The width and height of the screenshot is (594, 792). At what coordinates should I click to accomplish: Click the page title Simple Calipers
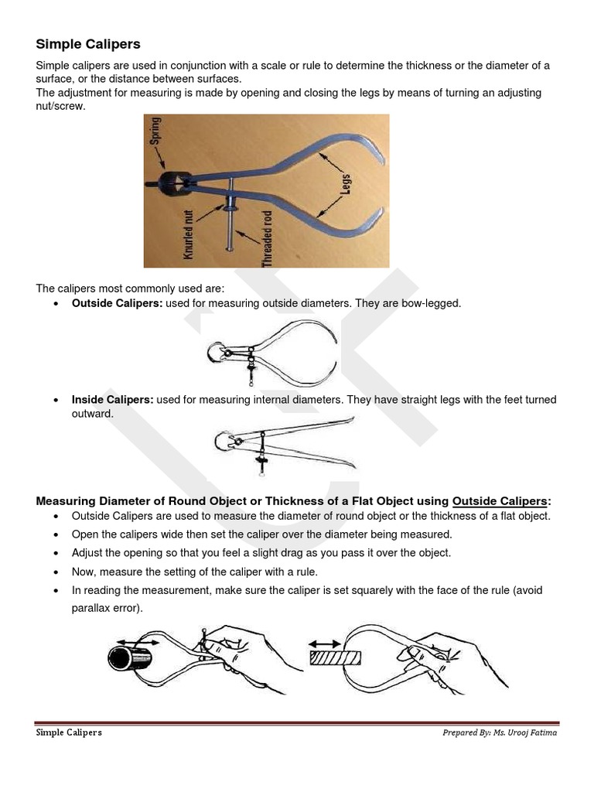(x=88, y=44)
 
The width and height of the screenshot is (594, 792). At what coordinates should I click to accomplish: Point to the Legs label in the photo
(x=345, y=179)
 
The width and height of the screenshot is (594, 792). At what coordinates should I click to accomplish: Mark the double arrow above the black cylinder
(x=140, y=642)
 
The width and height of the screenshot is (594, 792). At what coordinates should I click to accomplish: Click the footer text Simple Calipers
(x=69, y=732)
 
